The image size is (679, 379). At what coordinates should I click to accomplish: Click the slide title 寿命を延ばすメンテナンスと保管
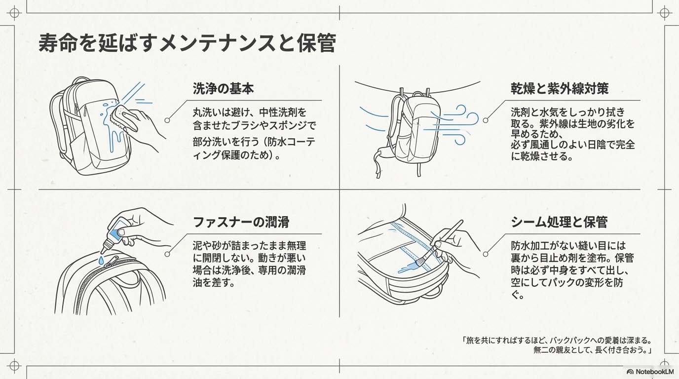coord(187,43)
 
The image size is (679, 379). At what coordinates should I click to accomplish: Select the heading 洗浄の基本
coord(223,89)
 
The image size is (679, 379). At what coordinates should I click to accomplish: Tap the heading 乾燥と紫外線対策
coord(559,89)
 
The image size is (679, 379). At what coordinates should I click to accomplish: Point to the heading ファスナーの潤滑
coord(241,222)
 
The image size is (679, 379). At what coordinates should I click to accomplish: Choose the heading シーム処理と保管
coord(559,222)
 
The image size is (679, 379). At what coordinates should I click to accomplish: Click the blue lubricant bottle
coord(117,231)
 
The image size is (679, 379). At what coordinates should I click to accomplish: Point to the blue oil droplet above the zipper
coord(101,259)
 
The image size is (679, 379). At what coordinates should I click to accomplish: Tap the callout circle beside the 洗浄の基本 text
coord(167,120)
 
